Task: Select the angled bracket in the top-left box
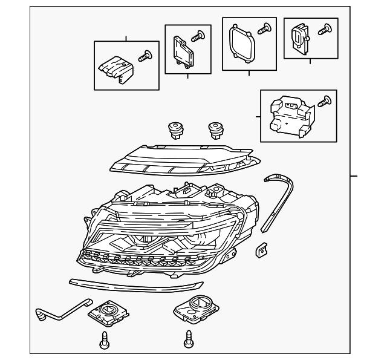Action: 115,68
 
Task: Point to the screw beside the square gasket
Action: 263,27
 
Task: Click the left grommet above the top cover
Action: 176,129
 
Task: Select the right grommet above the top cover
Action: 215,128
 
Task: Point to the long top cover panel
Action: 184,159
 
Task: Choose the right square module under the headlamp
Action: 195,309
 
